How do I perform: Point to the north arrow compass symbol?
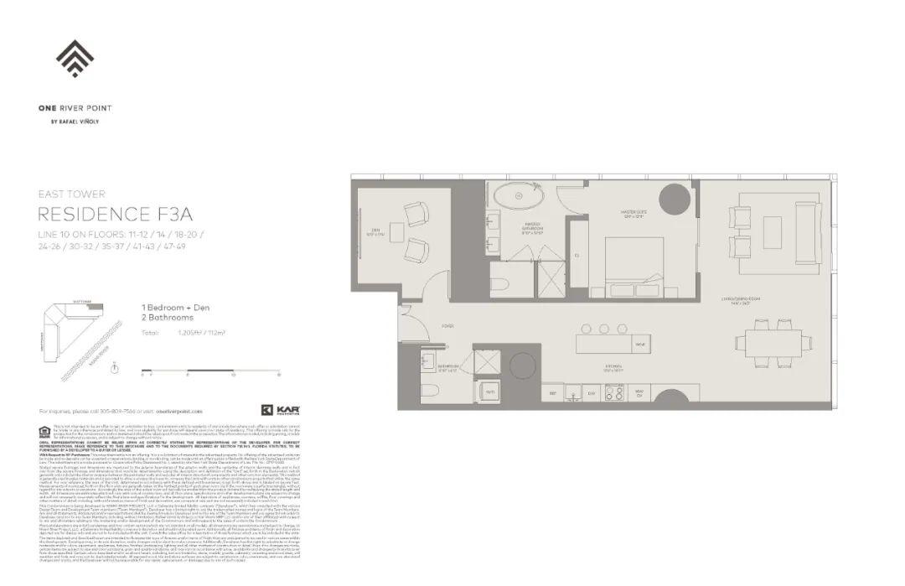click(x=114, y=368)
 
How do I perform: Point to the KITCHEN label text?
click(x=614, y=366)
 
